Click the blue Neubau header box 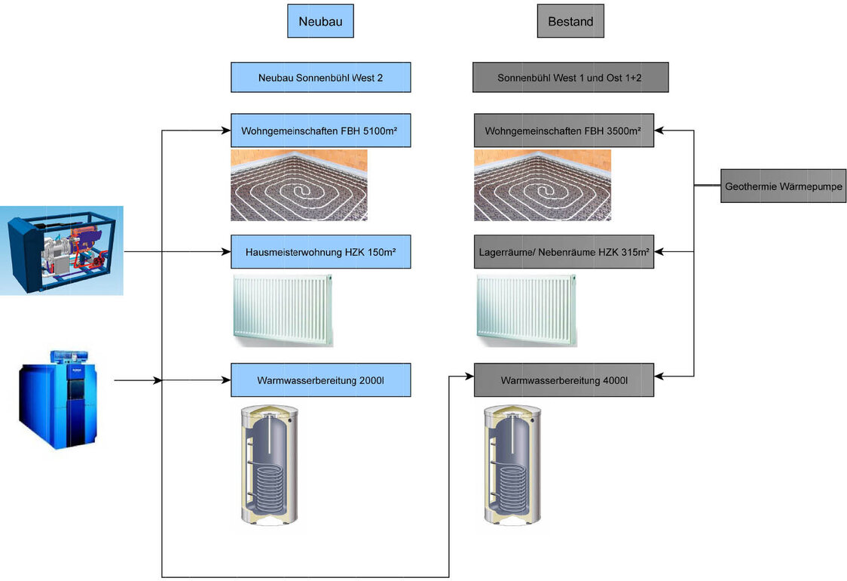tap(320, 21)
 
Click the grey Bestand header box tap(570, 21)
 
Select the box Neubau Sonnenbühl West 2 tap(320, 77)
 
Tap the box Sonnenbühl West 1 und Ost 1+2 tap(570, 77)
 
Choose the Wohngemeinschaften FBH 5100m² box tap(320, 131)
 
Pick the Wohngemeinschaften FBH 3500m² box tap(563, 131)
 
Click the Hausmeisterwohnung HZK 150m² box tap(320, 251)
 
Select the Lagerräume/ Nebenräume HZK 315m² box tap(563, 251)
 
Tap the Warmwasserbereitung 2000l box tap(320, 380)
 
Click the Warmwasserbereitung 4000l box tap(563, 380)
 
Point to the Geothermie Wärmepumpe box tap(772, 186)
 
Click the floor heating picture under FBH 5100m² tap(298, 185)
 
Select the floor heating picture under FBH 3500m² tap(542, 185)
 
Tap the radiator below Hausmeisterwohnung tap(283, 309)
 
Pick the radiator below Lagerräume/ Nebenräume tap(526, 309)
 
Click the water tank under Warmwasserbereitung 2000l tap(268, 465)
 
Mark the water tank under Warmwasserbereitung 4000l tap(512, 465)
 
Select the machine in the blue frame tap(62, 251)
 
